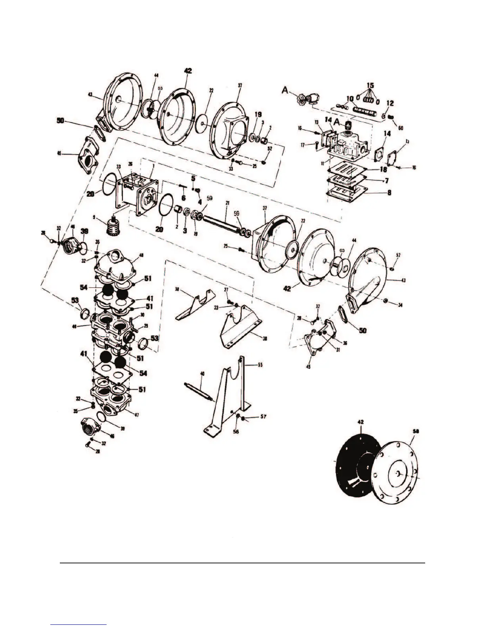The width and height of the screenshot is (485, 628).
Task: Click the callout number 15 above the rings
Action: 370,85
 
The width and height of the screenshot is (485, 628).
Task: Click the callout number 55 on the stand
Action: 260,364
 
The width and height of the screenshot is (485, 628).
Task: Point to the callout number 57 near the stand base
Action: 264,417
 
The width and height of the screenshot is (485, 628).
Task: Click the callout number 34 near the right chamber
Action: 401,305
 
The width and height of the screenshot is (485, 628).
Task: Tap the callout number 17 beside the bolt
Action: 303,145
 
